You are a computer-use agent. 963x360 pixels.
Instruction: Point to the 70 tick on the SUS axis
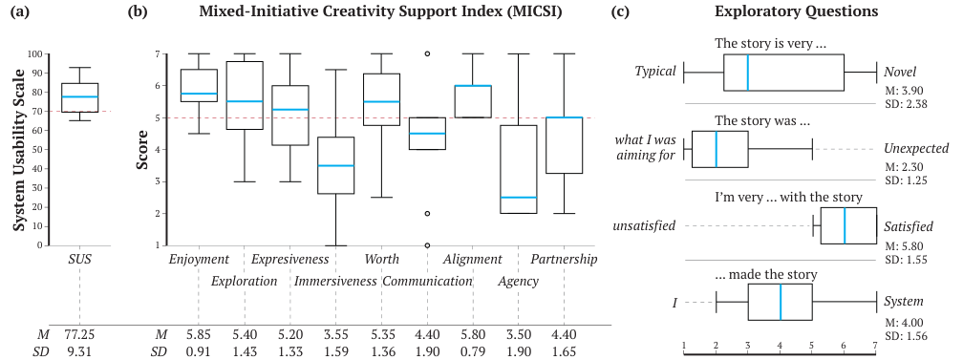coord(36,112)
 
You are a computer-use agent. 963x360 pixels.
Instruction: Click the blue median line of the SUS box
coord(79,96)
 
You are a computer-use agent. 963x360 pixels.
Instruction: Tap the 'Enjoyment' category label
coord(198,259)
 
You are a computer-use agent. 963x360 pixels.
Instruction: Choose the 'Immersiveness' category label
coord(334,281)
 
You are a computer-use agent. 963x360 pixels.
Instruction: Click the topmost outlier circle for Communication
coord(427,53)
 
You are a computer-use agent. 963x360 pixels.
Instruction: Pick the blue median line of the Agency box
coord(519,198)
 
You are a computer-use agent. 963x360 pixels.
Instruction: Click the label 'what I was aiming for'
coord(645,149)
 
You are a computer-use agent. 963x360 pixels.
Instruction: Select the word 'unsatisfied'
coord(645,225)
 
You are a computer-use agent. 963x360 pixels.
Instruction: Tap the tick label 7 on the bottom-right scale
coord(876,345)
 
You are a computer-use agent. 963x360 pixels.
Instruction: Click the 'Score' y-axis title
coord(142,151)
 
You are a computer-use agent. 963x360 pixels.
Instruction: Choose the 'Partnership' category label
coord(564,259)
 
